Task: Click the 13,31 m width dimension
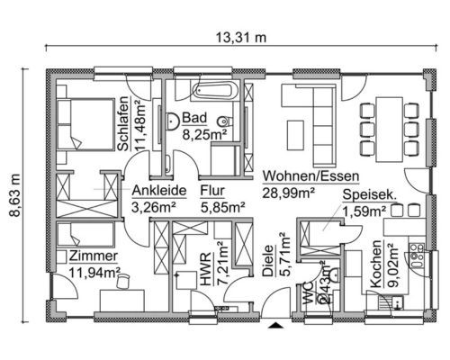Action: [x=241, y=38]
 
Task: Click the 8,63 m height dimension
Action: [x=14, y=195]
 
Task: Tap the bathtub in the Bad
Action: [x=215, y=90]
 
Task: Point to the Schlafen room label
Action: [x=123, y=123]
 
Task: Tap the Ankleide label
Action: [x=159, y=191]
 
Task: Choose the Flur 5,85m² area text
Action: [x=223, y=207]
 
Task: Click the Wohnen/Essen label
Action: [x=310, y=176]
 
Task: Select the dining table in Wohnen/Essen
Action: [x=389, y=130]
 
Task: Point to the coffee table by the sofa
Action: [x=295, y=135]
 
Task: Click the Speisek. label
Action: [x=370, y=194]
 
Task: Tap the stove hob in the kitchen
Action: [x=417, y=256]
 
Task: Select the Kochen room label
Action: [x=375, y=264]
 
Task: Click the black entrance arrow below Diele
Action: [x=275, y=325]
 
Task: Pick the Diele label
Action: [x=268, y=260]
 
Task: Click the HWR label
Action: [x=206, y=269]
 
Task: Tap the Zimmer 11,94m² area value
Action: [x=94, y=273]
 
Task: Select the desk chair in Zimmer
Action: [x=122, y=281]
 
